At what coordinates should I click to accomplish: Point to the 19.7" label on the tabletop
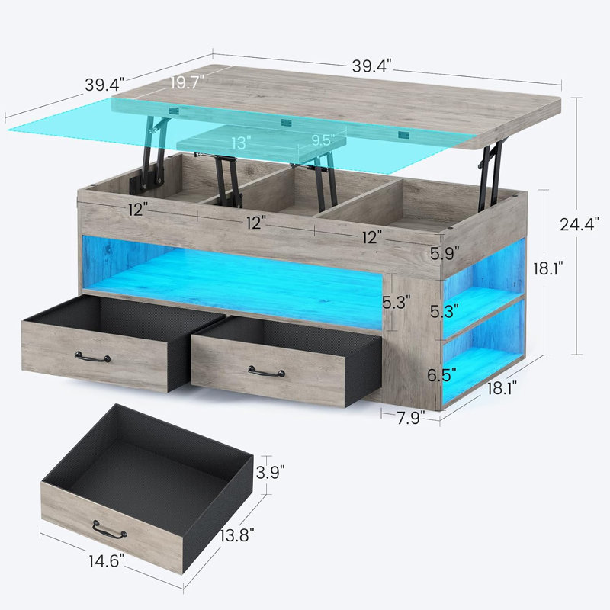pos(187,82)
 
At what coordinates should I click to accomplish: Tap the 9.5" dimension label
pos(323,140)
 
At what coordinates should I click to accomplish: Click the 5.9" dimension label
pos(445,254)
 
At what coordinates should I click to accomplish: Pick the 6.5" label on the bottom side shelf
pos(441,375)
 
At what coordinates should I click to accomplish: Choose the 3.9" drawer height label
pos(271,472)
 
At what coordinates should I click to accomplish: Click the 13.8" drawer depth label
pos(237,536)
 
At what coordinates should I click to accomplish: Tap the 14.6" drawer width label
pos(106,561)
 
